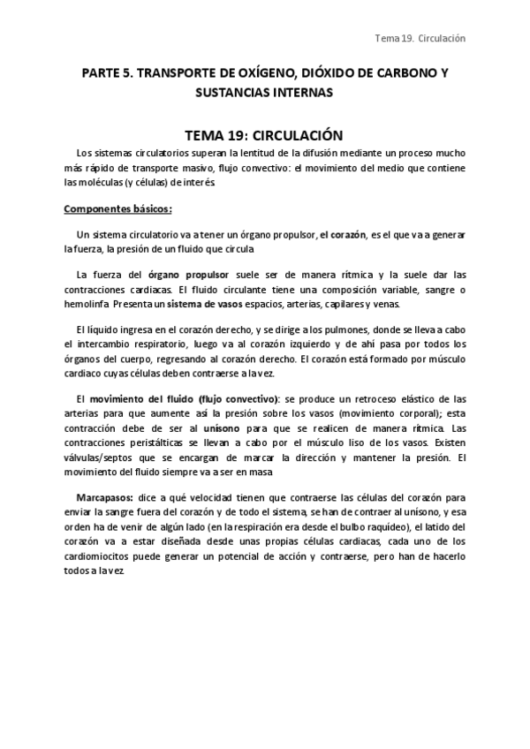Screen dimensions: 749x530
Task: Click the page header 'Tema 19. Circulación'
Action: point(420,39)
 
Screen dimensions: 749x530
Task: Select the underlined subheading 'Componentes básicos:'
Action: point(118,209)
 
